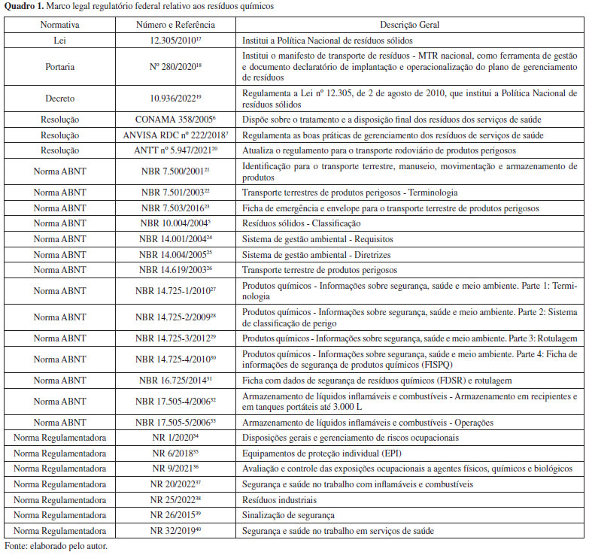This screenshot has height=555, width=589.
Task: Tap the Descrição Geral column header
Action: point(410,25)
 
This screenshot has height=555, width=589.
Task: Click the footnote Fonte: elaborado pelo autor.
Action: point(56,546)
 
